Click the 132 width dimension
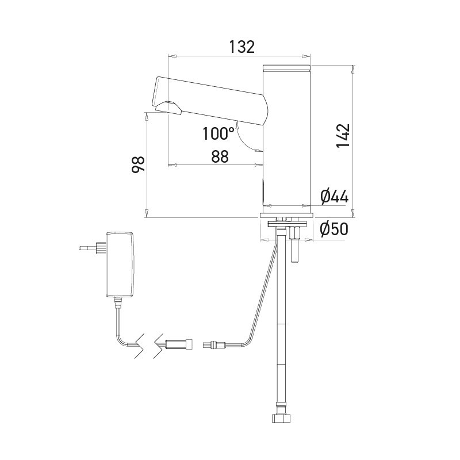click(241, 47)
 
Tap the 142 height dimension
click(343, 136)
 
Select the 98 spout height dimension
click(138, 164)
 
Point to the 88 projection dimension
click(220, 156)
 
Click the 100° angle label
click(218, 133)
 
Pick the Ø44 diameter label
click(335, 196)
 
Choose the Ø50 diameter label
click(334, 229)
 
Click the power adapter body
click(120, 264)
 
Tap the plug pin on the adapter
click(88, 248)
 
